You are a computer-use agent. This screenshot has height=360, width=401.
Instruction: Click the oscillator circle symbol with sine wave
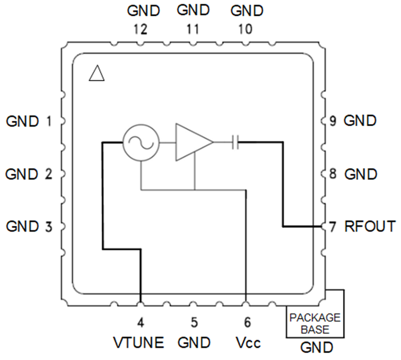[x=141, y=143]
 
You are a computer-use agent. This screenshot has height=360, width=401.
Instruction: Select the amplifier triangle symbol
[x=192, y=143]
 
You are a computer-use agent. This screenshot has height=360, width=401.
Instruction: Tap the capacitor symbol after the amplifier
[x=236, y=142]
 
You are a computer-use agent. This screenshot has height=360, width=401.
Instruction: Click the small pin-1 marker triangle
[x=97, y=73]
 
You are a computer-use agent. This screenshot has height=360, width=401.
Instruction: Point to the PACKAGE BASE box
[x=316, y=323]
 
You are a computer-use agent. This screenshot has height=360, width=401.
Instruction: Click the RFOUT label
[x=369, y=226]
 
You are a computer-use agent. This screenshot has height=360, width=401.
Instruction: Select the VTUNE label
[x=139, y=343]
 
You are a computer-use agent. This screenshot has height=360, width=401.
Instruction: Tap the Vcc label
[x=247, y=343]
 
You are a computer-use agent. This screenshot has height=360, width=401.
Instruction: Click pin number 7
[x=332, y=226]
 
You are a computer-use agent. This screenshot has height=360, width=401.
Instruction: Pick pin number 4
[x=140, y=321]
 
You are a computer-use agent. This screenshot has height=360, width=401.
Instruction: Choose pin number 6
[x=247, y=321]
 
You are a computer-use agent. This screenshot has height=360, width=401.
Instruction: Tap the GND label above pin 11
[x=193, y=10]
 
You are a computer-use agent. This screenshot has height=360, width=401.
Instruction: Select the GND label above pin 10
[x=247, y=10]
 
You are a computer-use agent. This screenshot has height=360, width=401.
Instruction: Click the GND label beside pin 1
[x=23, y=121]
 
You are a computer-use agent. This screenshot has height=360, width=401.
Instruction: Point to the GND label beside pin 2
[x=23, y=174]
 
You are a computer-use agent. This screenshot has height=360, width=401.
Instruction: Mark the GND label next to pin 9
[x=360, y=121]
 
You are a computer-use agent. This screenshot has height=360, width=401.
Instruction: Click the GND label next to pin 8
[x=360, y=174]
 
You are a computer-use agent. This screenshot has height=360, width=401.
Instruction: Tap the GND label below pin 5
[x=194, y=343]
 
